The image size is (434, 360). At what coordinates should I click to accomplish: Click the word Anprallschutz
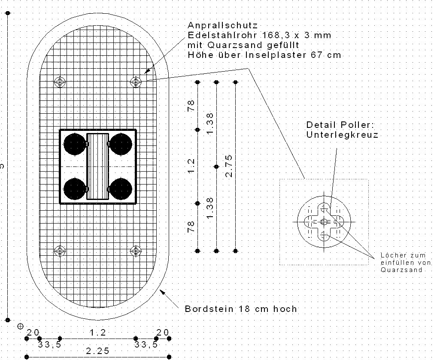pos(222,26)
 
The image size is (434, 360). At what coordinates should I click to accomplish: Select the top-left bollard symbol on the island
pos(61,81)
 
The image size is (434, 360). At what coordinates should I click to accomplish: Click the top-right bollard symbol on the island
pos(136,81)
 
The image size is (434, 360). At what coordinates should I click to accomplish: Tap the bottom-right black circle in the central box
pos(120,189)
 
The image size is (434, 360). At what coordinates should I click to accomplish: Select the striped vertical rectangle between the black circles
pos(97,166)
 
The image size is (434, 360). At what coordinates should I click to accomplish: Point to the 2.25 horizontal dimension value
pos(97,351)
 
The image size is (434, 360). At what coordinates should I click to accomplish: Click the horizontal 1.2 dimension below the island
pos(97,333)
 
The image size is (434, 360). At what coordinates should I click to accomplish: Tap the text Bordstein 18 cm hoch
pos(241,309)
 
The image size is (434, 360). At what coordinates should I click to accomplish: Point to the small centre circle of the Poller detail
pos(324,221)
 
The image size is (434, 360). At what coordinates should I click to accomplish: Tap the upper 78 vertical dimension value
pos(191,106)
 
